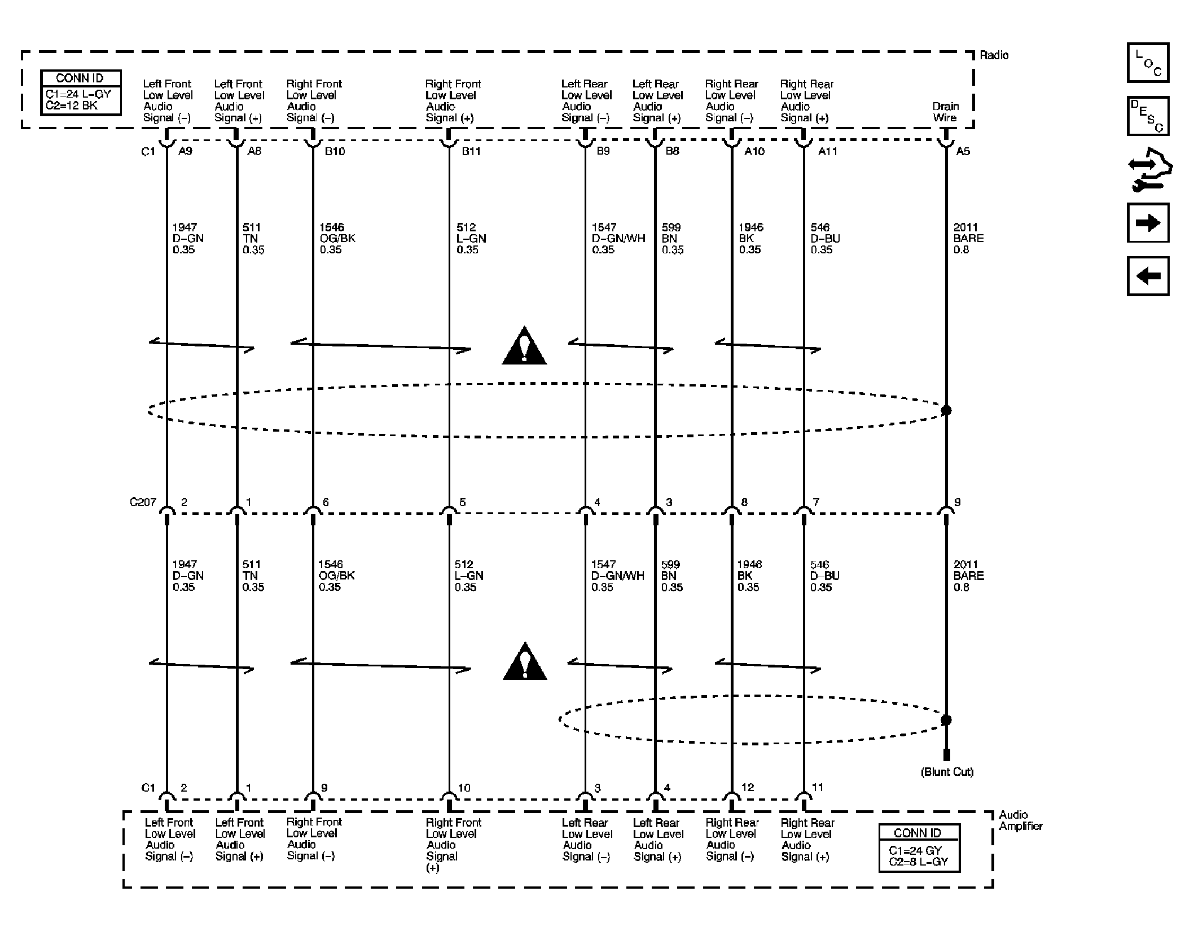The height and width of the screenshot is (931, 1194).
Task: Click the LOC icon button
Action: pos(1148,63)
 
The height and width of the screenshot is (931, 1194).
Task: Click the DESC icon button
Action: pos(1148,116)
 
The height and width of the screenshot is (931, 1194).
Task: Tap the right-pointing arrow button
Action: pos(1148,223)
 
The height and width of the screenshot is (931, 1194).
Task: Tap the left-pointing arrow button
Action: pos(1148,276)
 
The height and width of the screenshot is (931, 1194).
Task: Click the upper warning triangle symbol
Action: pos(524,346)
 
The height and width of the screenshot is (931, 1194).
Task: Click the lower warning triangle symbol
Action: pos(525,661)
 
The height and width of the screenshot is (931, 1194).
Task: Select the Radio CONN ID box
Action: pos(81,93)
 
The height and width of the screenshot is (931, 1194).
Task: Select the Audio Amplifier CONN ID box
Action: pos(919,848)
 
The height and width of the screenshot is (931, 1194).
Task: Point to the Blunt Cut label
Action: pos(947,772)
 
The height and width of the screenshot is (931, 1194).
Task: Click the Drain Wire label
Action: pos(945,112)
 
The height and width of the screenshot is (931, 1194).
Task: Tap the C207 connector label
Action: pos(143,502)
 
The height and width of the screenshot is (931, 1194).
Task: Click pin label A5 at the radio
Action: pos(963,151)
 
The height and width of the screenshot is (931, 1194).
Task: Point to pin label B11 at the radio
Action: pos(471,151)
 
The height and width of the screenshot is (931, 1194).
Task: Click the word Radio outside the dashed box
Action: pos(994,55)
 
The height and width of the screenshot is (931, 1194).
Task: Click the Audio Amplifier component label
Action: pos(1020,820)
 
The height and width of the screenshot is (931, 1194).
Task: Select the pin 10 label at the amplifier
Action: pos(464,788)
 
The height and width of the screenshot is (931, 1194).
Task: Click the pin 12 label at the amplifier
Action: pos(747,787)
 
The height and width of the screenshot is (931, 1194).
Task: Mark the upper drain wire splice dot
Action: pos(946,410)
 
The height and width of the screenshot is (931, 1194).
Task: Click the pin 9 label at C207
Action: pos(957,502)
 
